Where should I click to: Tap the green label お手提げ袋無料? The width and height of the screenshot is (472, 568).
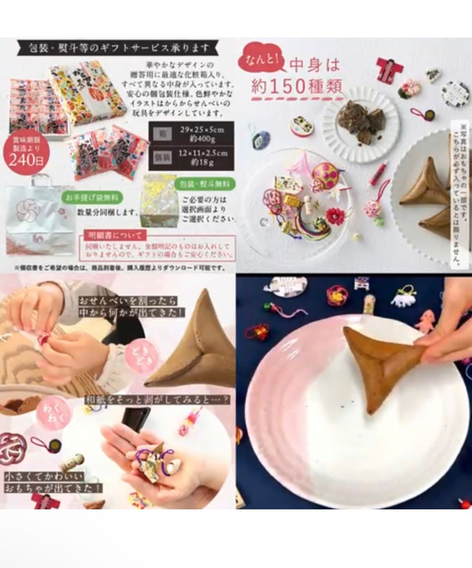(x=93, y=197)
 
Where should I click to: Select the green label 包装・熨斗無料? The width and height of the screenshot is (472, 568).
(x=205, y=184)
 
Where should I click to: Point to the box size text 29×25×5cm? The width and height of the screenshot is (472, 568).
(x=202, y=130)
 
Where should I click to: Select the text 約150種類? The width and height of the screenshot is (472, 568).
(x=296, y=86)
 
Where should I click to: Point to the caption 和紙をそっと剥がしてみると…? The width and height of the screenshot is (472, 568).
(x=157, y=400)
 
